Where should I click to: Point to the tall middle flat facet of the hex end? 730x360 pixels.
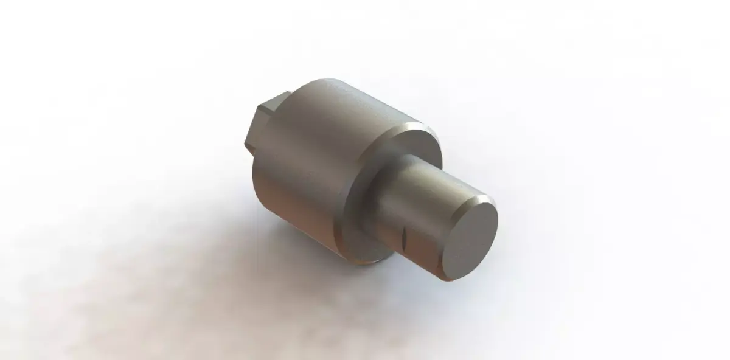pyautogui.click(x=254, y=128)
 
